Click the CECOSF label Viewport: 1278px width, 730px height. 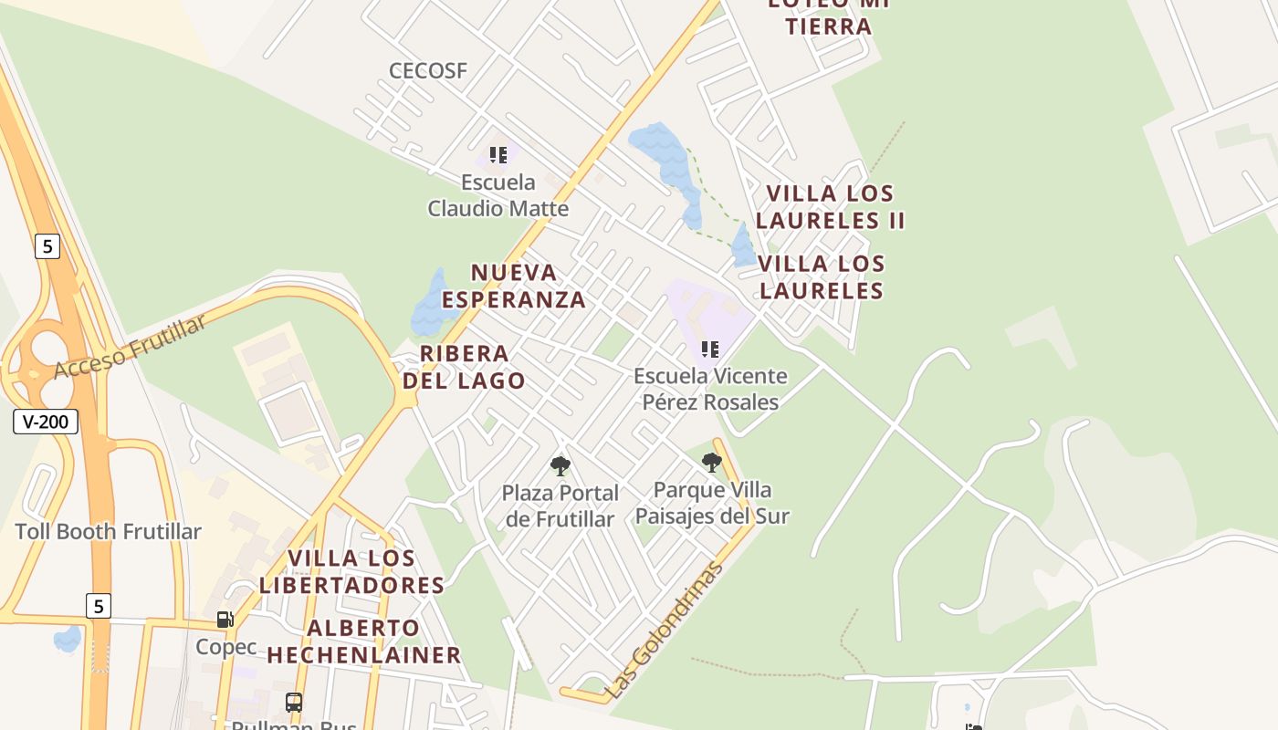click(427, 70)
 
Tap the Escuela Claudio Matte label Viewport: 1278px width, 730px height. click(498, 195)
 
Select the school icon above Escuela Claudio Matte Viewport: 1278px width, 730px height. click(498, 155)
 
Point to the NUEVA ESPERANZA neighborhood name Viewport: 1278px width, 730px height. click(514, 286)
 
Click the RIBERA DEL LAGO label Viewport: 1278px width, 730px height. click(464, 367)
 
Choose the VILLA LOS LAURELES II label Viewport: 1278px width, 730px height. click(830, 207)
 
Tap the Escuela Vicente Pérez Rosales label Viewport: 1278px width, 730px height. click(710, 389)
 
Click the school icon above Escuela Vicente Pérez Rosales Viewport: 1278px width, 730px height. click(709, 349)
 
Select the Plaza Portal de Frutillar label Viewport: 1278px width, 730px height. click(560, 506)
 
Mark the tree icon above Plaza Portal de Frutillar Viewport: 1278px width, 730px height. click(560, 466)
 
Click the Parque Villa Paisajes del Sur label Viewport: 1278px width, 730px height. click(712, 503)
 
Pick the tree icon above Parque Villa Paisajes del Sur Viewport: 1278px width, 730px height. click(712, 463)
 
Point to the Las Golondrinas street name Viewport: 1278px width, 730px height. click(665, 630)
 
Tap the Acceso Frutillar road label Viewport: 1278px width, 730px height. click(130, 347)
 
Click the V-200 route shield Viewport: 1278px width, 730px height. click(46, 422)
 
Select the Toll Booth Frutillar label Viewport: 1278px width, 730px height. click(108, 531)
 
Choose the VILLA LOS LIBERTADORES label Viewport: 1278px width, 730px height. click(351, 571)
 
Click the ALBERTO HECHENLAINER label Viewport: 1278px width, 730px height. click(363, 641)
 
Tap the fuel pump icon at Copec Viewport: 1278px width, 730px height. click(225, 620)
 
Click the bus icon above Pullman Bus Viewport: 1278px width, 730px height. click(294, 703)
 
